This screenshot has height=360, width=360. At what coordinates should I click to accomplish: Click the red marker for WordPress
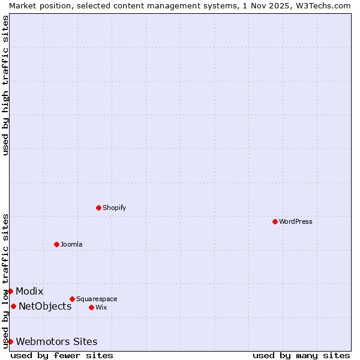(x=275, y=221)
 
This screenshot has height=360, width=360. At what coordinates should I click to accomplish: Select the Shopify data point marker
(x=98, y=208)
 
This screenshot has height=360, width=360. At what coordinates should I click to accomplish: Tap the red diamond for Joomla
(x=56, y=244)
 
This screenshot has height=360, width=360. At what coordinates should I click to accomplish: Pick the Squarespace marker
(x=72, y=299)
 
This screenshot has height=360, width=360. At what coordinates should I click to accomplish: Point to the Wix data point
(x=91, y=307)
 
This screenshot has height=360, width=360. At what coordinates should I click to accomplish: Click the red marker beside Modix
(x=10, y=291)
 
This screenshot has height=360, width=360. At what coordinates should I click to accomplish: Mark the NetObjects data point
(x=13, y=306)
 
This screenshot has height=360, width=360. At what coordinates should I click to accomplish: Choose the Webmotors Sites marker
(x=10, y=341)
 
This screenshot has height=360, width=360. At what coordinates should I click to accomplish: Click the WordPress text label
(x=296, y=221)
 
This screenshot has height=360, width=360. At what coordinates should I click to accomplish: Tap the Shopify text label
(x=115, y=208)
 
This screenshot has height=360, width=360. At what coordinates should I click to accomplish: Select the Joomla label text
(x=71, y=244)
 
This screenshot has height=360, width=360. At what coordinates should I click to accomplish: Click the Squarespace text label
(x=97, y=299)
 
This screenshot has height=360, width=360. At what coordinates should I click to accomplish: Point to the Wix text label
(x=101, y=307)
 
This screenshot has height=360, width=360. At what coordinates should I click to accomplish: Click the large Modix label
(x=29, y=291)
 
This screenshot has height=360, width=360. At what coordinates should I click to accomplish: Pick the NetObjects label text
(x=45, y=306)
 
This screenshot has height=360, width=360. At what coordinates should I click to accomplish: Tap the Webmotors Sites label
(x=56, y=341)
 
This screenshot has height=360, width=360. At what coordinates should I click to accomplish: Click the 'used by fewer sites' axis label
(x=62, y=355)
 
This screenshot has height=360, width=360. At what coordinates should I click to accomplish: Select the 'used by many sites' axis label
(x=301, y=355)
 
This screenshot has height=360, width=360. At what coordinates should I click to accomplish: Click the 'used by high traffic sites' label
(x=5, y=85)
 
